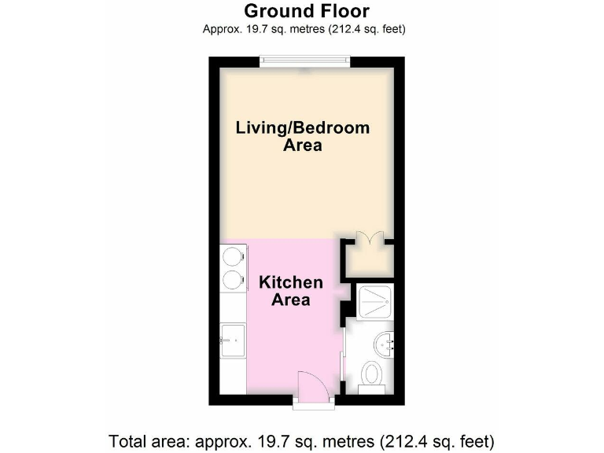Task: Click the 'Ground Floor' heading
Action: tap(306, 11)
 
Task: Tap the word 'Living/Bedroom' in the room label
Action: tap(303, 128)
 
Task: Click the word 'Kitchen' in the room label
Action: tap(291, 282)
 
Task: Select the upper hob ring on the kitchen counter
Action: tap(231, 257)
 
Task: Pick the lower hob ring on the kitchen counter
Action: tap(231, 279)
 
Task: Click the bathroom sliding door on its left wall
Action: tap(346, 359)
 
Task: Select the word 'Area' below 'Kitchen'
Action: tap(291, 300)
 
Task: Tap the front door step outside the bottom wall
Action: tap(315, 404)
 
